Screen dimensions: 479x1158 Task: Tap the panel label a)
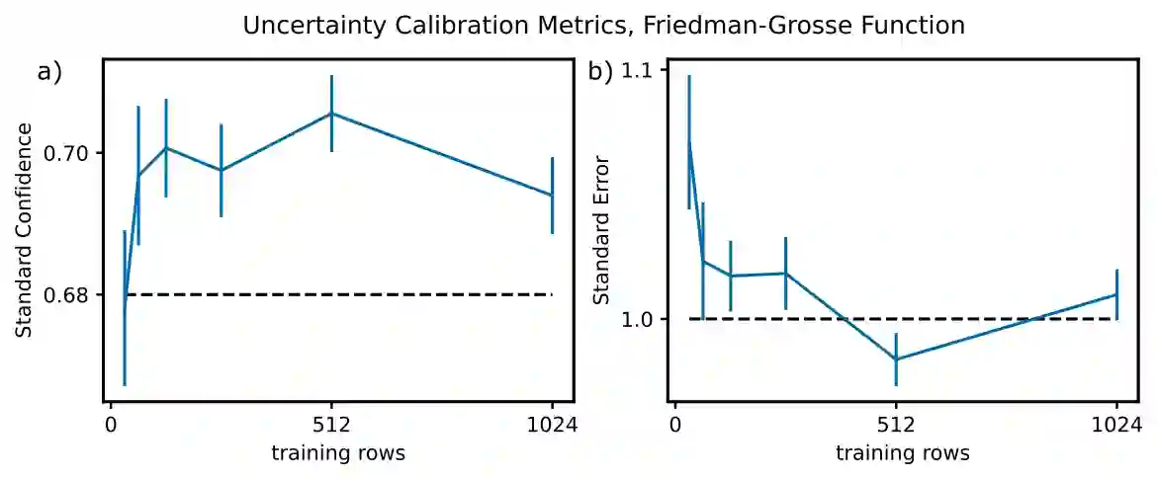click(x=49, y=72)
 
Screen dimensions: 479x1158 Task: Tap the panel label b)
click(x=600, y=72)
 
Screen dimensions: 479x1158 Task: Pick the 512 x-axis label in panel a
click(x=331, y=427)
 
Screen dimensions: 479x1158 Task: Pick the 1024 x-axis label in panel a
click(x=552, y=427)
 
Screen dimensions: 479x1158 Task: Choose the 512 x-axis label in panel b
click(x=896, y=427)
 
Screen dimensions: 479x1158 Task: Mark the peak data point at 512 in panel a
click(x=331, y=114)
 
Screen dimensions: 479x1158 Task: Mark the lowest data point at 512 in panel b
click(x=896, y=359)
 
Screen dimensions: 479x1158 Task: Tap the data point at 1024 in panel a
click(x=552, y=196)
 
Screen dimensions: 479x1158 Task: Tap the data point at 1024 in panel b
click(x=1116, y=294)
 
